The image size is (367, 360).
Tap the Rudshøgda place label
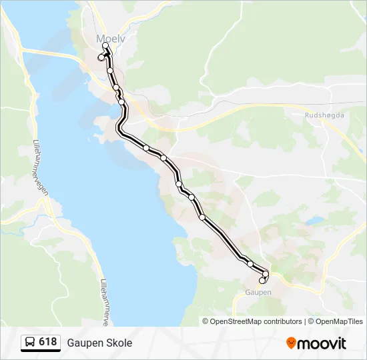(324, 115)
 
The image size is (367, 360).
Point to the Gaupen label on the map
(258, 292)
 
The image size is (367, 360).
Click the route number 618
(47, 342)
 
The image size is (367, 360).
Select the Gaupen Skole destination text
(99, 343)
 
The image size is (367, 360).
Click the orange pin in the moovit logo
(291, 343)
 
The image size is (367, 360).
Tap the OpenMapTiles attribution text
(340, 321)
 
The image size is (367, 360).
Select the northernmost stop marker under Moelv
(105, 45)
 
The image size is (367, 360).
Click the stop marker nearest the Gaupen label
(262, 281)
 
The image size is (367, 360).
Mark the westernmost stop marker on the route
(101, 58)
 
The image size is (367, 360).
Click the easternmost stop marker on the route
(266, 274)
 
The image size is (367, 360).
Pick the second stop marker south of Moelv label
(116, 87)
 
